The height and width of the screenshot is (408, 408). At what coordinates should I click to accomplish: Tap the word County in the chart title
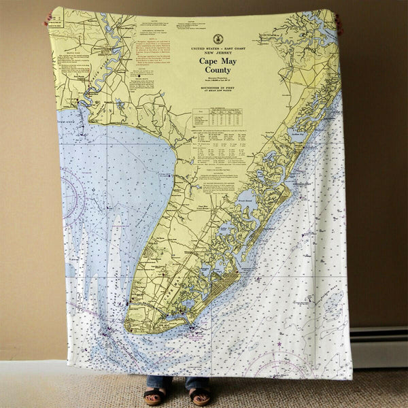click(x=218, y=70)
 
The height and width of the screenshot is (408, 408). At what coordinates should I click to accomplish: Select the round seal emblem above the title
click(x=218, y=39)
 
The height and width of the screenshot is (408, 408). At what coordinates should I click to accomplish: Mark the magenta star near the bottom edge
click(x=278, y=344)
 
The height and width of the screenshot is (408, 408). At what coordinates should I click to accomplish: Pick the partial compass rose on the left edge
click(x=73, y=194)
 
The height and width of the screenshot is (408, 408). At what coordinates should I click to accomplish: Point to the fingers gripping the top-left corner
click(x=49, y=18)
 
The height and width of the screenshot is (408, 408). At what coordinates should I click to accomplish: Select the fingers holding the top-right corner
click(x=338, y=20)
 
